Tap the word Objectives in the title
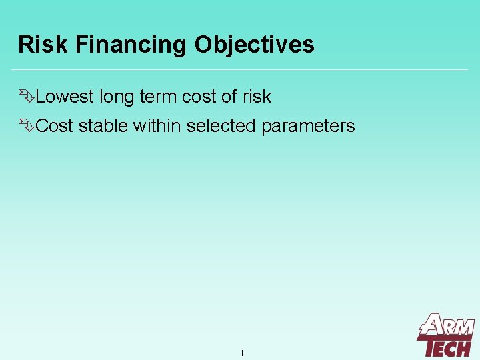[x=254, y=45]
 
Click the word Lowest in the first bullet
[x=65, y=97]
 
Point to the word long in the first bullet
[x=117, y=97]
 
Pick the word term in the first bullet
[x=158, y=97]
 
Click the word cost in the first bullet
[x=199, y=97]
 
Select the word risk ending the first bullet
[x=257, y=97]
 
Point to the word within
[x=157, y=126]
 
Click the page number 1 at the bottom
[x=241, y=353]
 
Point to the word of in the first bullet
[x=229, y=97]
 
